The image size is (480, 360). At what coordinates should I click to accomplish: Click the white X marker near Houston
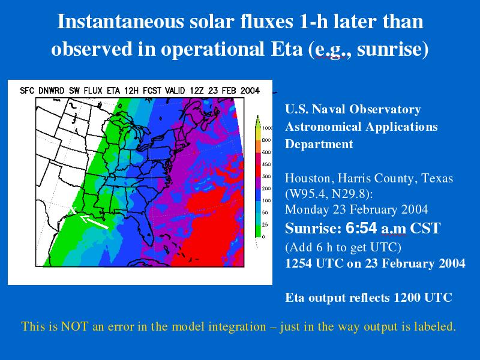pyautogui.click(x=73, y=211)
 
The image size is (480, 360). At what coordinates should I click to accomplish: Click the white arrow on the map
pyautogui.click(x=94, y=222)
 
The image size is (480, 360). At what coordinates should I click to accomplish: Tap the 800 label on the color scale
pyautogui.click(x=266, y=140)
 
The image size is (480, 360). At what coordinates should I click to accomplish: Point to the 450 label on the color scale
pyautogui.click(x=266, y=164)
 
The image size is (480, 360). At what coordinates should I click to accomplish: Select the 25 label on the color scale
pyautogui.click(x=265, y=224)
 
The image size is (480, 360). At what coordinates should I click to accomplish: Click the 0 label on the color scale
pyautogui.click(x=263, y=237)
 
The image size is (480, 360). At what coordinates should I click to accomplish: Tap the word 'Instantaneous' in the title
pyautogui.click(x=121, y=22)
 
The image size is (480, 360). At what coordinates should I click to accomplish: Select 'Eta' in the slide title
pyautogui.click(x=287, y=49)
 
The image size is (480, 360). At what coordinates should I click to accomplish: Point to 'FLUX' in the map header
pyautogui.click(x=93, y=91)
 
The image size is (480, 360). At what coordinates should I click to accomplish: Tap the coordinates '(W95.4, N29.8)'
pyautogui.click(x=329, y=194)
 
